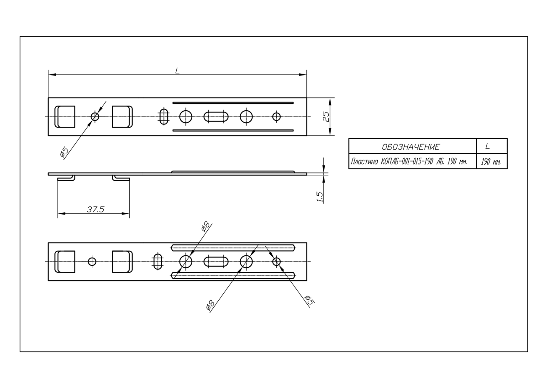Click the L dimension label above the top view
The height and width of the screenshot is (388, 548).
click(x=177, y=70)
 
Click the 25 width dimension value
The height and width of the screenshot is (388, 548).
click(x=327, y=117)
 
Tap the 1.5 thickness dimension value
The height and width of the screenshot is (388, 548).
click(x=320, y=197)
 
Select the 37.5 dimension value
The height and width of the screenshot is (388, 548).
click(x=95, y=210)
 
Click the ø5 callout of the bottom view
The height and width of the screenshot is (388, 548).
click(x=309, y=300)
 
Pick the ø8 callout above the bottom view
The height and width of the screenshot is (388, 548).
click(x=205, y=226)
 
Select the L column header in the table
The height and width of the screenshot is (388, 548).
click(x=492, y=146)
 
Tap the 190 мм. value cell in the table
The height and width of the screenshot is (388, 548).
click(x=492, y=162)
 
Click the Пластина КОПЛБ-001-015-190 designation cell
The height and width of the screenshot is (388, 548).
click(x=412, y=162)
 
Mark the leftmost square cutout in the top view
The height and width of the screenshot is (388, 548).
click(x=65, y=117)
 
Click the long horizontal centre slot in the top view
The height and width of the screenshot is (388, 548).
click(x=216, y=117)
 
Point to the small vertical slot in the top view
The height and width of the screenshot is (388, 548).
click(x=163, y=117)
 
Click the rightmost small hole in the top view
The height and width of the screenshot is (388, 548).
click(x=276, y=117)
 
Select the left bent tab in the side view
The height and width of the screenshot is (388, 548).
click(x=66, y=178)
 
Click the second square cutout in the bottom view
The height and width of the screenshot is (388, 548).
click(x=122, y=262)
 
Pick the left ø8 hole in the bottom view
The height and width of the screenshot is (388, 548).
click(x=186, y=262)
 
